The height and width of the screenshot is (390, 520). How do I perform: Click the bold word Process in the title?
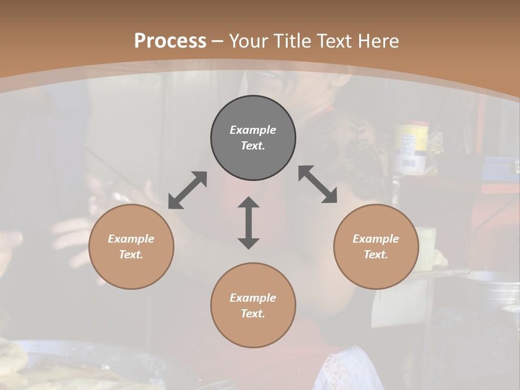coord(170,41)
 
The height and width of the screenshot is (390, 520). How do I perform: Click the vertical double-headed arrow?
coord(249,223)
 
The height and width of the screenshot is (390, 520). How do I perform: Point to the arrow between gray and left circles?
coord(187,190)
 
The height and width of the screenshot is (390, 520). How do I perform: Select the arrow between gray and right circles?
coord(318,185)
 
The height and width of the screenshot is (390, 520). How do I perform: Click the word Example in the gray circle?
coord(253,130)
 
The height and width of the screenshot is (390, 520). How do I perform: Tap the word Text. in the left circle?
coord(131,255)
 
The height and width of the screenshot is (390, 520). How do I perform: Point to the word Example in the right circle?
coord(376,239)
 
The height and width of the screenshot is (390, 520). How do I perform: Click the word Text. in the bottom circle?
coord(253,314)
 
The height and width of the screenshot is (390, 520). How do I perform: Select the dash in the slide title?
coord(218,41)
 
